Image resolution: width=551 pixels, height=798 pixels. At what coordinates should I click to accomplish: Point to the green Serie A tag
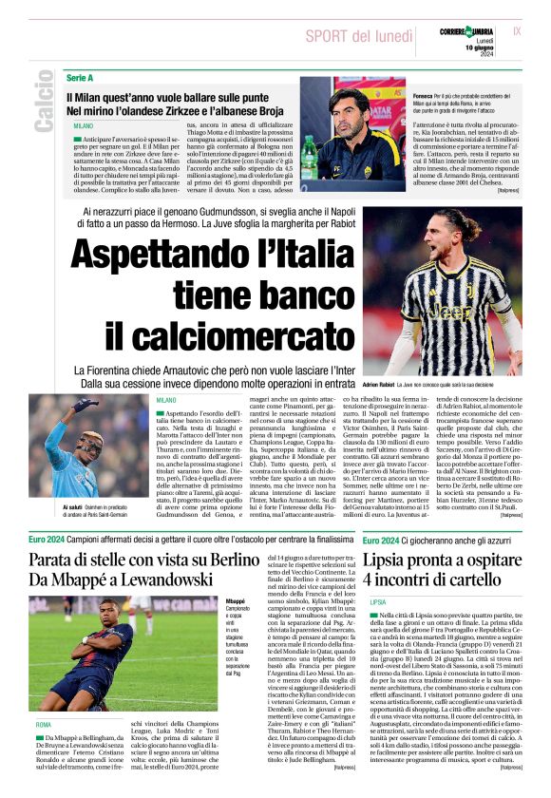[80, 76]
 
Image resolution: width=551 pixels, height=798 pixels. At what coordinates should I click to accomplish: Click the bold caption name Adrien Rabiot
[384, 384]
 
